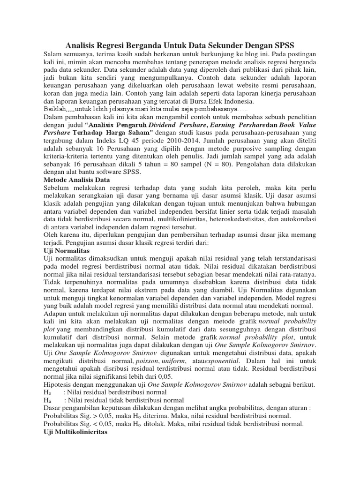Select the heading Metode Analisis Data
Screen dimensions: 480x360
coord(76,180)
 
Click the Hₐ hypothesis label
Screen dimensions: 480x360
coord(47,400)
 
